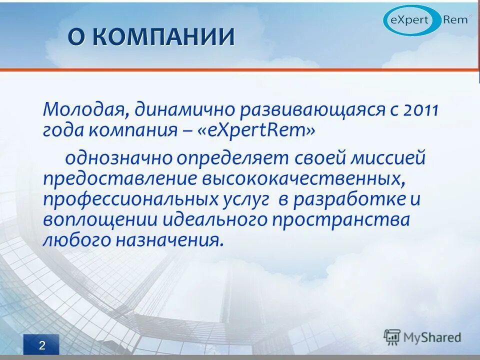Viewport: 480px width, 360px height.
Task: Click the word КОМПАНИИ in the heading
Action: tap(169, 37)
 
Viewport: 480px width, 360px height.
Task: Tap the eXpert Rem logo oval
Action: tap(426, 20)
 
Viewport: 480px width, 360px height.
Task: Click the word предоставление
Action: tap(120, 179)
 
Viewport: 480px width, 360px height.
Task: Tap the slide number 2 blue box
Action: tap(41, 345)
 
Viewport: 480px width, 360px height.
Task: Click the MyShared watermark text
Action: tap(432, 337)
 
